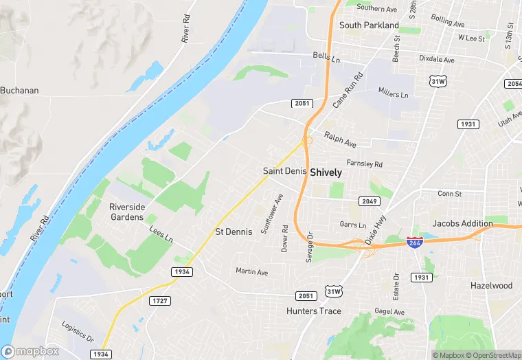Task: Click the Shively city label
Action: tap(326, 172)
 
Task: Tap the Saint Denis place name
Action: tap(284, 170)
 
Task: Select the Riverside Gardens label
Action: tap(127, 212)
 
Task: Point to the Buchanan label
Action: tap(19, 90)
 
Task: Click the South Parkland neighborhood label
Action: tap(369, 25)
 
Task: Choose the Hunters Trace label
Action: tap(313, 311)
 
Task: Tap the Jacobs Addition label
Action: tap(462, 223)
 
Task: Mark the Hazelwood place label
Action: tap(491, 285)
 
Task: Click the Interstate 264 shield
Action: tap(415, 243)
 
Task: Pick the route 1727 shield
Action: tap(160, 300)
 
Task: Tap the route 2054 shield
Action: tap(513, 83)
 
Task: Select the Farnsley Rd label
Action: tap(365, 164)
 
